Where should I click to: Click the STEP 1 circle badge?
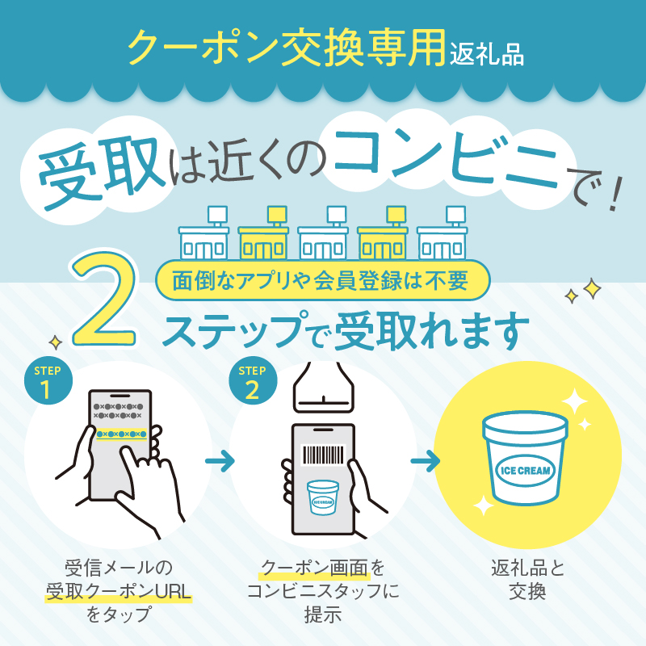coord(48,380)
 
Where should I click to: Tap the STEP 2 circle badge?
coord(253,380)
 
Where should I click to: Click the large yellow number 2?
coord(104,297)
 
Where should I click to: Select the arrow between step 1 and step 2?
coord(220,461)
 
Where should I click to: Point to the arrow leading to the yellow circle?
coord(425,461)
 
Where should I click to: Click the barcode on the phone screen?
coord(324,455)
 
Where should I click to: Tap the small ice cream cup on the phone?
coord(323,497)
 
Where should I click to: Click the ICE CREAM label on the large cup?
coord(525,471)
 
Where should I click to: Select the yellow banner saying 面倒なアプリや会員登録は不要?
coord(322,280)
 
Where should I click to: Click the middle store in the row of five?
coord(322,233)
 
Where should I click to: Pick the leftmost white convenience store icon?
coord(204,233)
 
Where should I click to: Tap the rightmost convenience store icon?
coord(442,233)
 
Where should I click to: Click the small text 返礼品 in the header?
coord(487,55)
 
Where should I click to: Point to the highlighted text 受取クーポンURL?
coord(118,592)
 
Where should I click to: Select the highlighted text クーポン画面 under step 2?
coord(315,568)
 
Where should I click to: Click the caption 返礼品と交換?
coord(528,580)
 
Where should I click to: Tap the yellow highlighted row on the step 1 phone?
coord(122,434)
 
